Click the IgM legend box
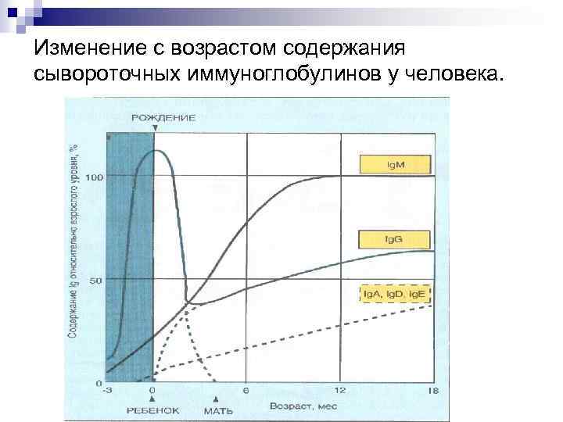coord(395,165)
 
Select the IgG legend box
coord(395,238)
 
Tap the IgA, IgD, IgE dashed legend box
coord(395,295)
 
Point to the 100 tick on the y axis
coord(94,177)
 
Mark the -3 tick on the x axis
coord(109,391)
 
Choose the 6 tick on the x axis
coord(246,391)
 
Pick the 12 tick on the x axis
coord(340,391)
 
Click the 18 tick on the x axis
coord(433,391)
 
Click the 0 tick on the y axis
coord(99,383)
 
